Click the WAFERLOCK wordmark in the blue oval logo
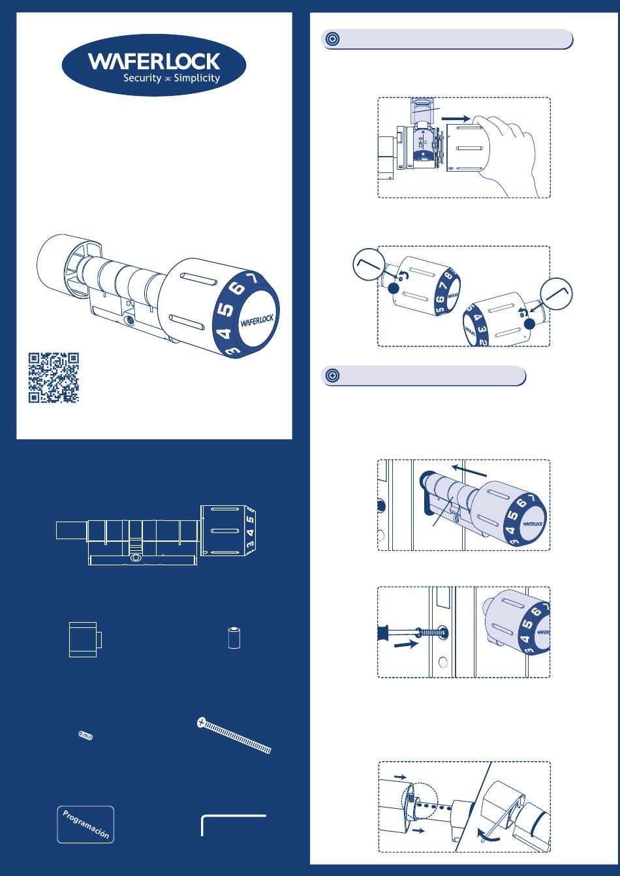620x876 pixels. tap(154, 62)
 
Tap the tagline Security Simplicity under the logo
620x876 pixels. tap(172, 78)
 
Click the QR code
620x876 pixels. tap(54, 377)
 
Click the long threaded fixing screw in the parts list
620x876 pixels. tap(234, 735)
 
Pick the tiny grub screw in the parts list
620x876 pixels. tap(85, 736)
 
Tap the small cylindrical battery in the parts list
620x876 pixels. tap(234, 638)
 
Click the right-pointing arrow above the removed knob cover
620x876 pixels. tap(456, 118)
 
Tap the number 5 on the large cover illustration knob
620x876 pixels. tap(226, 310)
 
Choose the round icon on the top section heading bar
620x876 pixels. tap(332, 39)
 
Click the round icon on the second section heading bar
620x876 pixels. tap(332, 375)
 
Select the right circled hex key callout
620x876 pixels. tap(556, 294)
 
